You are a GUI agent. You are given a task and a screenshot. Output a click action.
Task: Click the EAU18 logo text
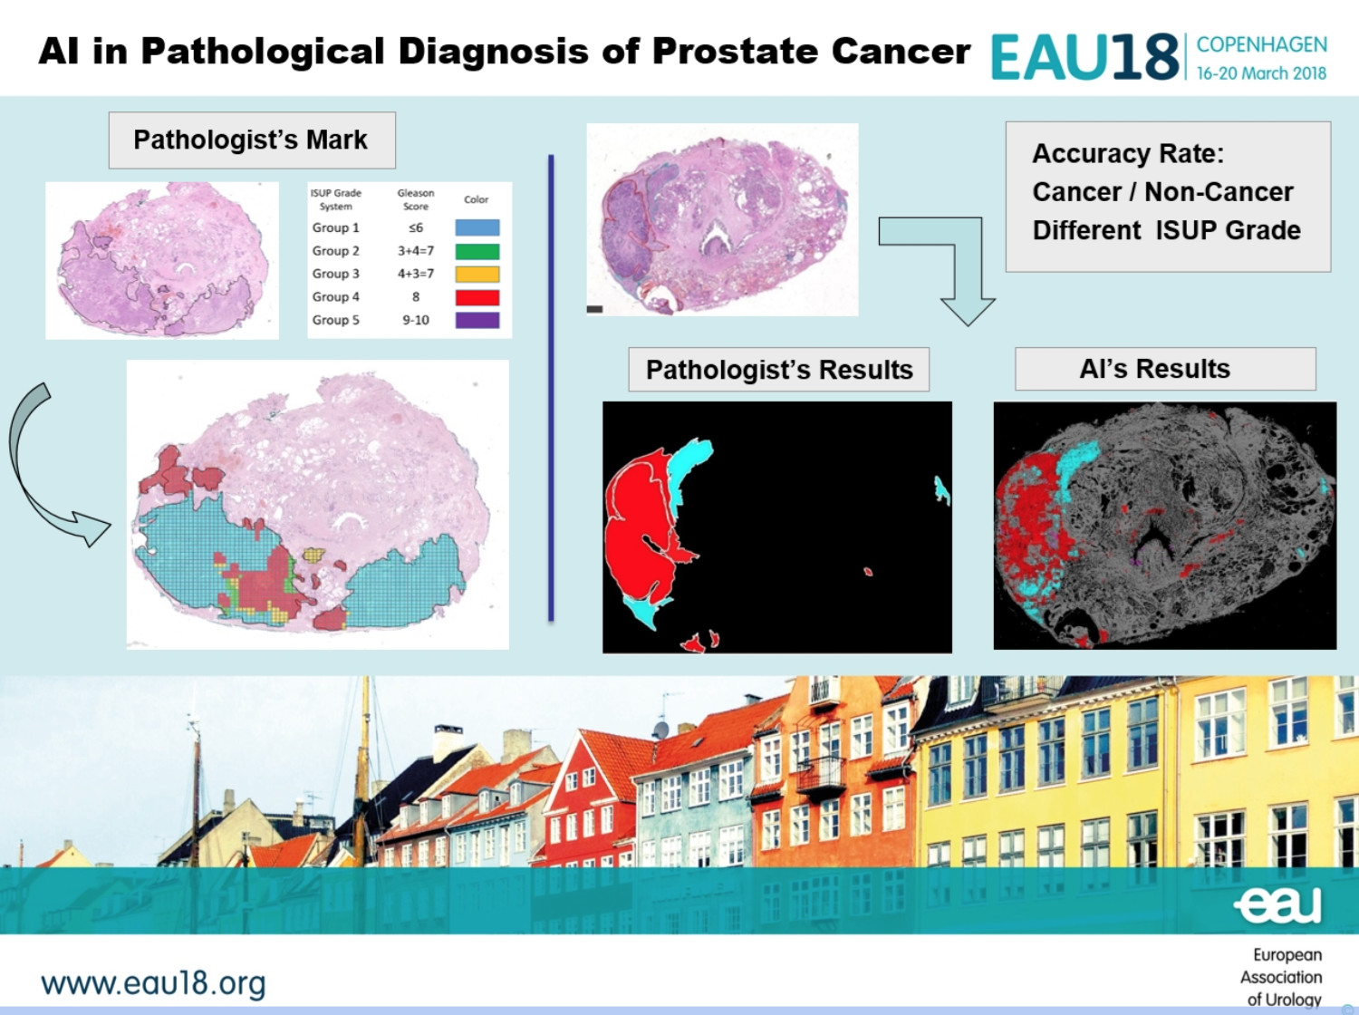pyautogui.click(x=1084, y=57)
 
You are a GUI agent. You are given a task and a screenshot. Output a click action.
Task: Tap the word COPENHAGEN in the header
pyautogui.click(x=1262, y=44)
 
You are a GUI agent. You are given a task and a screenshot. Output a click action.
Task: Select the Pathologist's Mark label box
pyautogui.click(x=252, y=140)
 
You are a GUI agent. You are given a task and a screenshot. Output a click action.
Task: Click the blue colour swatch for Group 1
pyautogui.click(x=477, y=227)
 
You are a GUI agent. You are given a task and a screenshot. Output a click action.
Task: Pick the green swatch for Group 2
pyautogui.click(x=477, y=251)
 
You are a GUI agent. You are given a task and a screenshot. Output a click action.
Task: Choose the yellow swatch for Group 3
pyautogui.click(x=477, y=274)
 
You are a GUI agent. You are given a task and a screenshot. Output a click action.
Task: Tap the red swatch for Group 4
pyautogui.click(x=477, y=297)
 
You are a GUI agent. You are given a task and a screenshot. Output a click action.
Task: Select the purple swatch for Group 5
pyautogui.click(x=477, y=320)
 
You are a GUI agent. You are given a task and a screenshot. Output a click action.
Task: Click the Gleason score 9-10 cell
pyautogui.click(x=416, y=320)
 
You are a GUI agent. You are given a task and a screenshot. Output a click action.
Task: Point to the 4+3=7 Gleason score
pyautogui.click(x=416, y=274)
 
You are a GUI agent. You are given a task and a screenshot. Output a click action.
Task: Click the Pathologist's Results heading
pyautogui.click(x=779, y=370)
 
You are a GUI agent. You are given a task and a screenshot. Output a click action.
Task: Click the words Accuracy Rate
pyautogui.click(x=1128, y=153)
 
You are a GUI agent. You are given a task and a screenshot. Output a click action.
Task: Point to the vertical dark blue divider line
pyautogui.click(x=551, y=388)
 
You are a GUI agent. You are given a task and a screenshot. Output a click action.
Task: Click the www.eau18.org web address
pyautogui.click(x=153, y=983)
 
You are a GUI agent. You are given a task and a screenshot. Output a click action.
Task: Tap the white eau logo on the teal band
pyautogui.click(x=1278, y=905)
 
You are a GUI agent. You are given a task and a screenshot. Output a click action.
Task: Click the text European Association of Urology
pyautogui.click(x=1281, y=977)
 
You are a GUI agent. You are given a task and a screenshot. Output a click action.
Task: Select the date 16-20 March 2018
pyautogui.click(x=1262, y=73)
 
